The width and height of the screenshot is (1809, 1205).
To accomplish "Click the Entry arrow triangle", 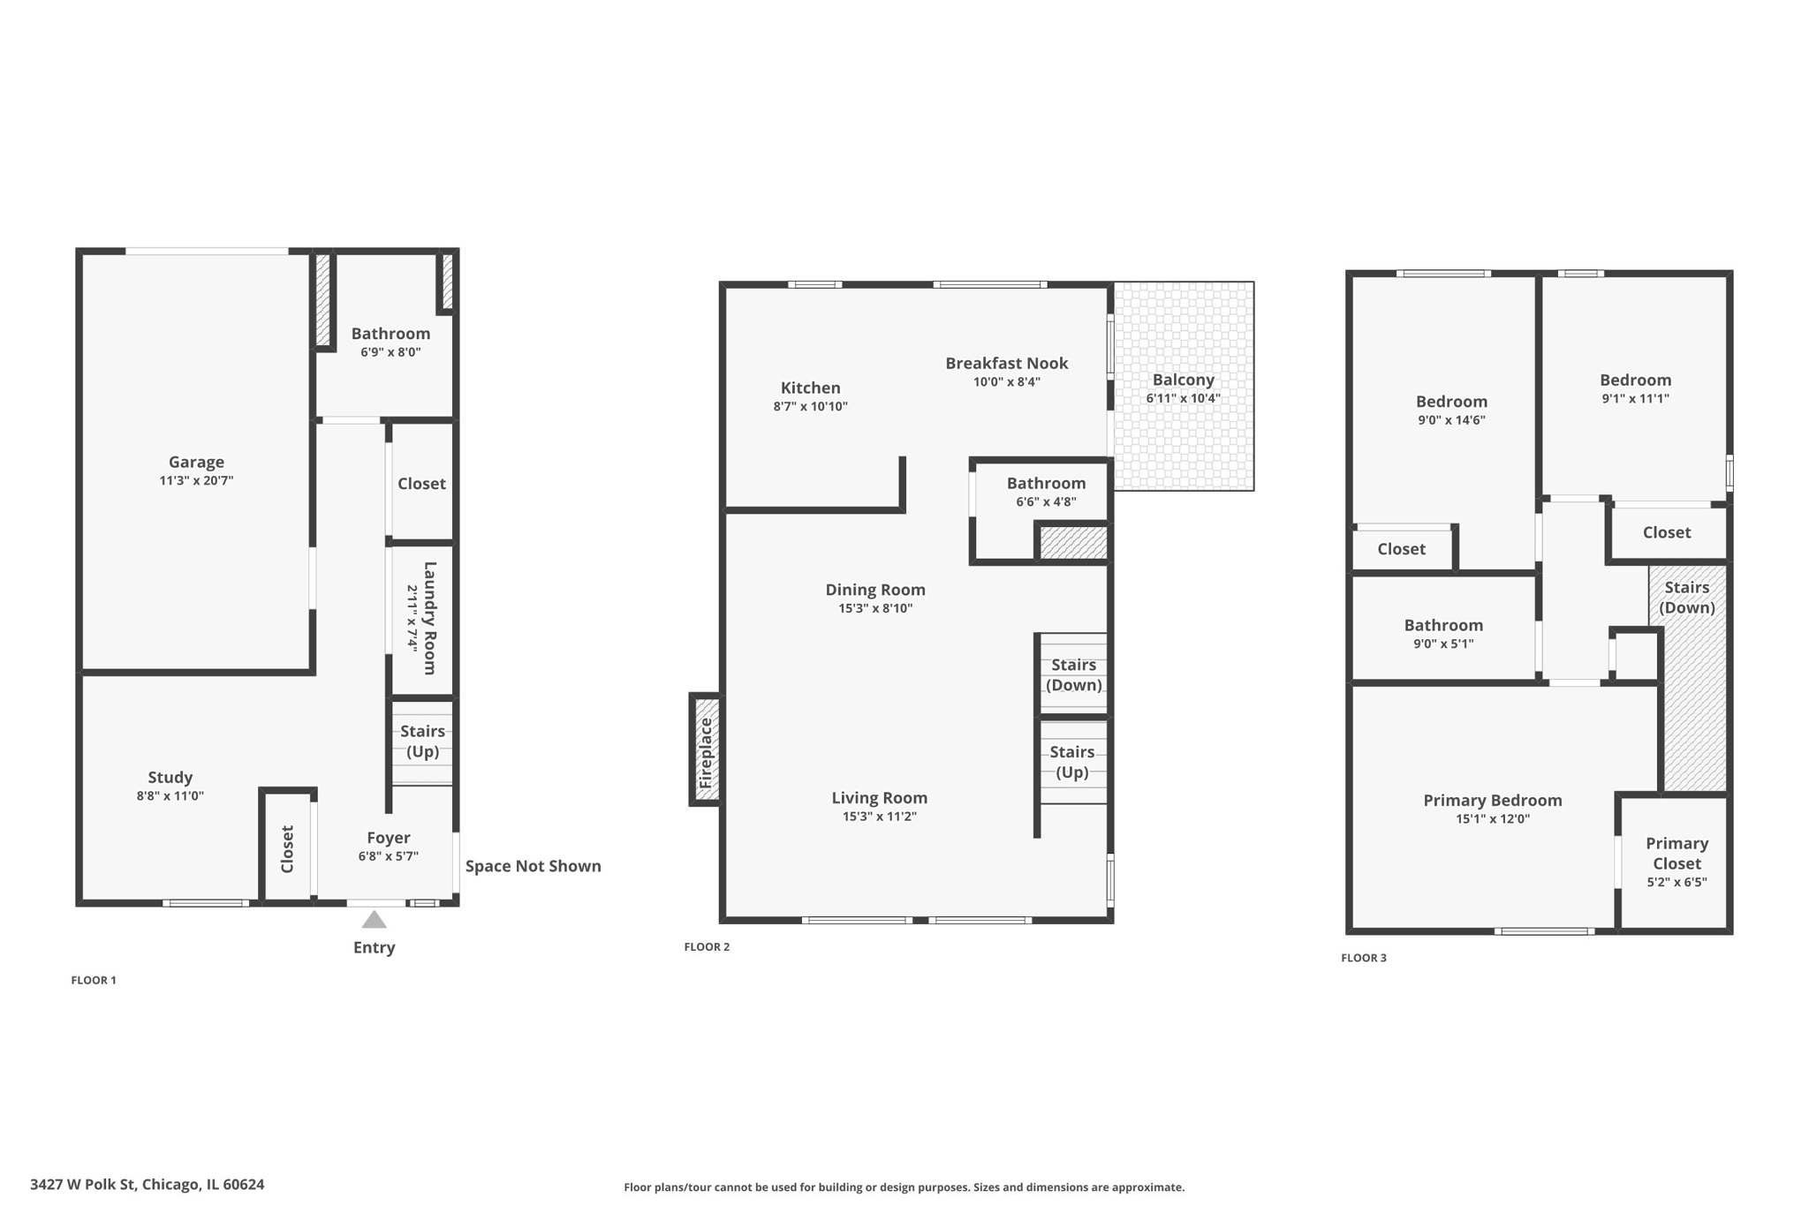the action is click(375, 920).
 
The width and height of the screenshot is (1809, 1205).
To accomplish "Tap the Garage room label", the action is click(196, 462).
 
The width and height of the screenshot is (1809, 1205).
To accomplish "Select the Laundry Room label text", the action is click(430, 618).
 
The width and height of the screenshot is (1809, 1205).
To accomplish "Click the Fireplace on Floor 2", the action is click(706, 749).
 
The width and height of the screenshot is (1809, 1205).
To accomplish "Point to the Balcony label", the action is click(1184, 380).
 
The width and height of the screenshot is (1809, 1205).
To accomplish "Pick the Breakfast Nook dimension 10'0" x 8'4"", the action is click(1007, 382).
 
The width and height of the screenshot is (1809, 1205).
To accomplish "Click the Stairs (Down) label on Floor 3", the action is click(1687, 598).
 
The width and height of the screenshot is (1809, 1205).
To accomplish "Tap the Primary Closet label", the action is click(1677, 854).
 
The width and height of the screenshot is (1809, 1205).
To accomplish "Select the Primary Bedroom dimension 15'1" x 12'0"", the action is click(1493, 819).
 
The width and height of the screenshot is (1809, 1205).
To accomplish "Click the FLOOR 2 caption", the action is click(707, 947).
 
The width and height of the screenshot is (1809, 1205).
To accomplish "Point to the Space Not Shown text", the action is click(534, 866).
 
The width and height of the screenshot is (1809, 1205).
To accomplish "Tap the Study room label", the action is click(170, 777).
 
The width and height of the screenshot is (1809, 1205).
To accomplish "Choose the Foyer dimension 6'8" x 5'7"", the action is click(389, 856).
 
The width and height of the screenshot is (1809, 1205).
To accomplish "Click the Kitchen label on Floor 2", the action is click(811, 388).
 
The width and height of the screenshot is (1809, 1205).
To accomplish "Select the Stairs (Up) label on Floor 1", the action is click(422, 742).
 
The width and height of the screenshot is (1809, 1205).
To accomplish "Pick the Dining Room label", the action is click(875, 590).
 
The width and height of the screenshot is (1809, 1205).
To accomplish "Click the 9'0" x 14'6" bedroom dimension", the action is click(1451, 420).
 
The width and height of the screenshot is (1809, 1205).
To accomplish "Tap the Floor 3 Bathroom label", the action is click(1444, 625).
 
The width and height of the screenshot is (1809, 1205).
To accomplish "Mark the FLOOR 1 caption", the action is click(94, 980).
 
